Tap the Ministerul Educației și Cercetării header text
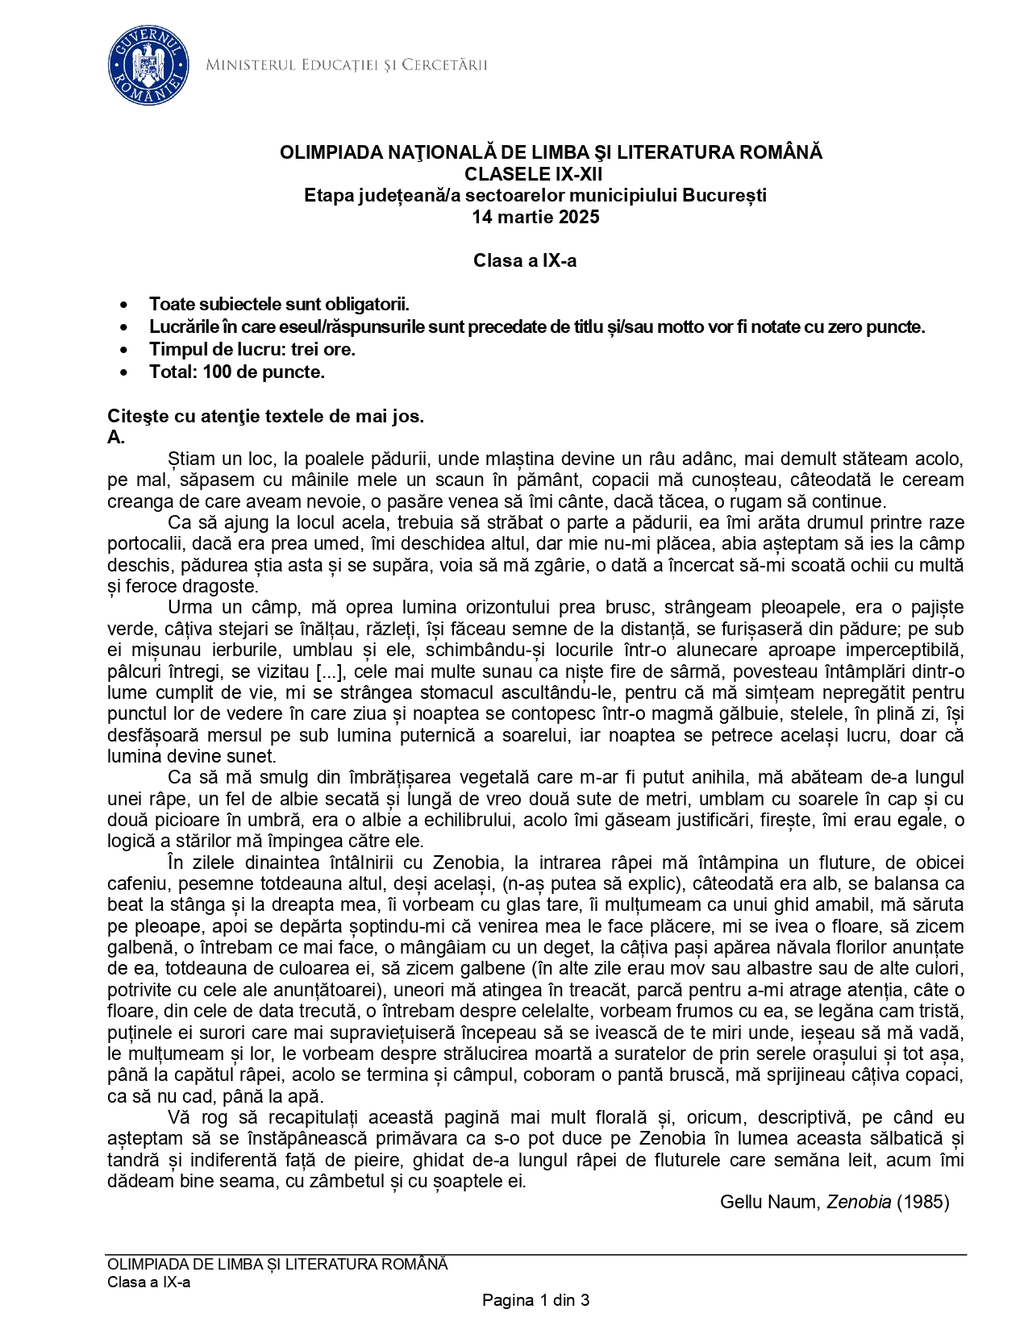(x=346, y=65)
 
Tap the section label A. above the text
(x=115, y=438)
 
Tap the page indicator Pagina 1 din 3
(x=535, y=1300)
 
